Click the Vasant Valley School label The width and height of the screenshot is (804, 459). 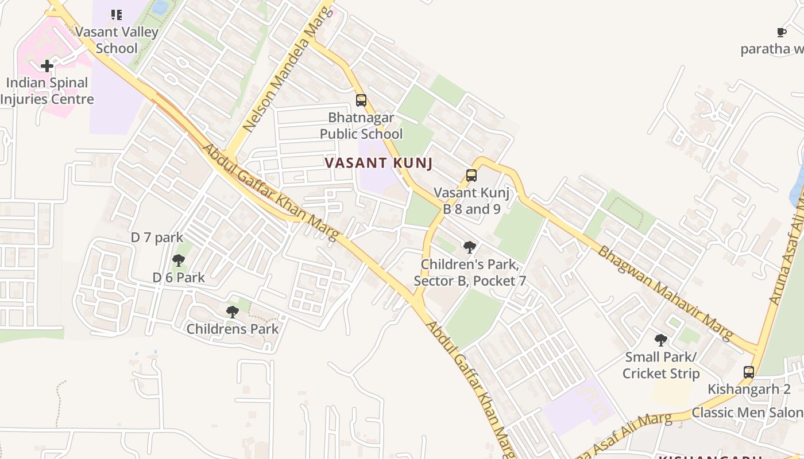click(117, 40)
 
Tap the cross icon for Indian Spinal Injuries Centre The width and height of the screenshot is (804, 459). click(47, 66)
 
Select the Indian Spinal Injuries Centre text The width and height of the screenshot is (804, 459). click(47, 91)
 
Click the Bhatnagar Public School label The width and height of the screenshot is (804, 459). click(361, 126)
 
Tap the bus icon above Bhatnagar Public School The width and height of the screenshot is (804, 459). click(361, 100)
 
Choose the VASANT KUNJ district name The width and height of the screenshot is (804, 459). click(378, 163)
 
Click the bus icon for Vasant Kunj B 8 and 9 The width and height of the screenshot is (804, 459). click(471, 176)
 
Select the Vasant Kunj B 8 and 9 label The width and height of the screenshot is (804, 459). click(471, 201)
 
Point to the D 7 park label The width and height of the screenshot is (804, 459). click(157, 237)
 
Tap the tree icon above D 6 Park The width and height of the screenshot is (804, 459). click(179, 260)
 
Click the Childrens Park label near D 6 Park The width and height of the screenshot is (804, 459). click(233, 329)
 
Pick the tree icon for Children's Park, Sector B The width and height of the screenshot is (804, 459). click(470, 247)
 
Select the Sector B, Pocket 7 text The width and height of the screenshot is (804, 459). click(470, 281)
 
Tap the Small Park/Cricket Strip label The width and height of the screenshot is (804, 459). click(661, 365)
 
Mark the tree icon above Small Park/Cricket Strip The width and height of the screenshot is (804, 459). click(661, 340)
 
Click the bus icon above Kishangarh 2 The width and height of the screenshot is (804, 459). click(749, 372)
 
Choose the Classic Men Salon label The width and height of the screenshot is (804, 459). click(747, 413)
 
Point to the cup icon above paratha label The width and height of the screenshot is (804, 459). click(782, 32)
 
